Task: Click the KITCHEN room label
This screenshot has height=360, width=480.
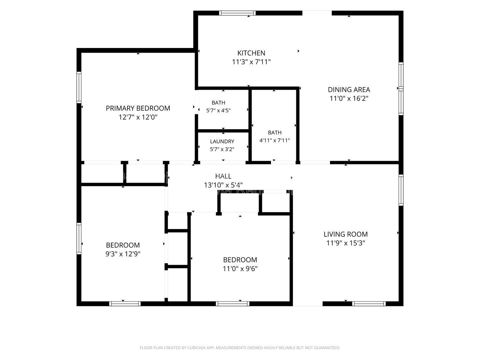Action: [251, 53]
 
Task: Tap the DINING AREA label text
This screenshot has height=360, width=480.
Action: [349, 90]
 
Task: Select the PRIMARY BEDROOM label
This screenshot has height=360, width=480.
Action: [138, 108]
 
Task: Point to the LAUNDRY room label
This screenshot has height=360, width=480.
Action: [222, 141]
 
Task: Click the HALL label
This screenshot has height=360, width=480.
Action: [223, 176]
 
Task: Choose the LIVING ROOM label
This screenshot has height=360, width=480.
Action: [346, 234]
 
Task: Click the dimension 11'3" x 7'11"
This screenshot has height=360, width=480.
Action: [251, 62]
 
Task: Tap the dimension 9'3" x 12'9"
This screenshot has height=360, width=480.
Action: [123, 254]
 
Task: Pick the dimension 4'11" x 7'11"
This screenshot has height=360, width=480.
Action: [275, 140]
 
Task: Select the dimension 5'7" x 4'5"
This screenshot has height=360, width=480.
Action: [218, 111]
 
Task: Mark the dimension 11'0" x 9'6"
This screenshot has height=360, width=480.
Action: [240, 269]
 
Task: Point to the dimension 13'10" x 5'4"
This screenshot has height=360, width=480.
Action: [223, 185]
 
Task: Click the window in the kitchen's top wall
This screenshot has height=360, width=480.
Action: [237, 13]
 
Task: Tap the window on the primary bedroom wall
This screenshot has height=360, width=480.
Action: [79, 87]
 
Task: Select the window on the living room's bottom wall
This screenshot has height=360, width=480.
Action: [369, 304]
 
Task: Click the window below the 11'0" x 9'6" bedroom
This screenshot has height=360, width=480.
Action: [232, 304]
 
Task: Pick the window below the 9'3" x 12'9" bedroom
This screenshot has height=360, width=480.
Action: [125, 304]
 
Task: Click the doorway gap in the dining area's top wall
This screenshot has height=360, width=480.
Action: [317, 13]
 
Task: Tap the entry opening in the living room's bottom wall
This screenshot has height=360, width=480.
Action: [308, 304]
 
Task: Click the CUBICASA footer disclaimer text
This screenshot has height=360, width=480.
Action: [240, 348]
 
